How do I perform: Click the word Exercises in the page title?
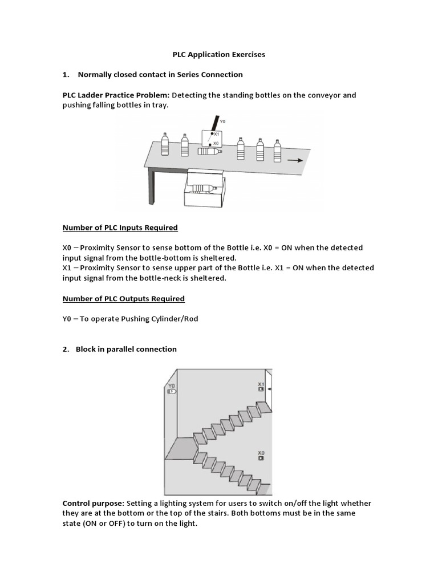(245, 55)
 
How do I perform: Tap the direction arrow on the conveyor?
(295, 161)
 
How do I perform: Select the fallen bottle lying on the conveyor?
(209, 152)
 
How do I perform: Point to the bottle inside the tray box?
(203, 189)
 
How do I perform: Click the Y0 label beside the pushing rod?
(222, 121)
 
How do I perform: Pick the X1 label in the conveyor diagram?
(216, 134)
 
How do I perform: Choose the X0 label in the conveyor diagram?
(216, 144)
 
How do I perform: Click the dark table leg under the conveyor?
(152, 185)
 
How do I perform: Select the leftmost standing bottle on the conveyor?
(165, 144)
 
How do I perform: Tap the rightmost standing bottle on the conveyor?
(277, 149)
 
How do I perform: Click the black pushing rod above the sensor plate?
(213, 122)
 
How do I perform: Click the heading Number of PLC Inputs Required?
(120, 228)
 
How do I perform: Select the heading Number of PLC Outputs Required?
(123, 298)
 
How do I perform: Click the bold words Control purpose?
(93, 503)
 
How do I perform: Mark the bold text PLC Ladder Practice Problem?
(116, 95)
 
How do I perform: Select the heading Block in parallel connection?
(126, 349)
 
